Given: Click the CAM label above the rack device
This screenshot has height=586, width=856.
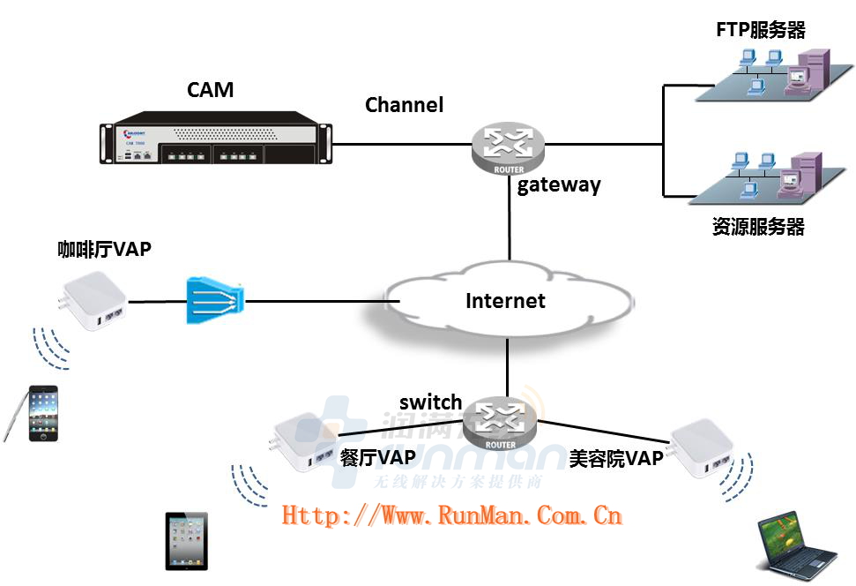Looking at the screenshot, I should point(210,89).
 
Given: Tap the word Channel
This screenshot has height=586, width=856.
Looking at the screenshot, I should point(405,105).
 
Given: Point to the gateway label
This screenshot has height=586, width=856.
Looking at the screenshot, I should point(559,185).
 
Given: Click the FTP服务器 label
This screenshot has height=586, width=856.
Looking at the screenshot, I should point(760,31).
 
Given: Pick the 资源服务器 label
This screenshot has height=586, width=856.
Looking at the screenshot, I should point(758,227).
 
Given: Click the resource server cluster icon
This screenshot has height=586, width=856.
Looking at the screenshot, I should point(763,177).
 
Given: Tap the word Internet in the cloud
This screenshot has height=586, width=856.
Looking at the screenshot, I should point(505,301).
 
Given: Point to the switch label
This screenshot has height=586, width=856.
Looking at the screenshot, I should point(430,402).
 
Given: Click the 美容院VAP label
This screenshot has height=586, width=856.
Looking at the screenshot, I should point(615,458).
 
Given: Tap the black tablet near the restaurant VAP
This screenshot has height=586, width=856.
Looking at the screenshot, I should point(187,541).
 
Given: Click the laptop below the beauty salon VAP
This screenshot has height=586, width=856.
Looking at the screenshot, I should point(795,547).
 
